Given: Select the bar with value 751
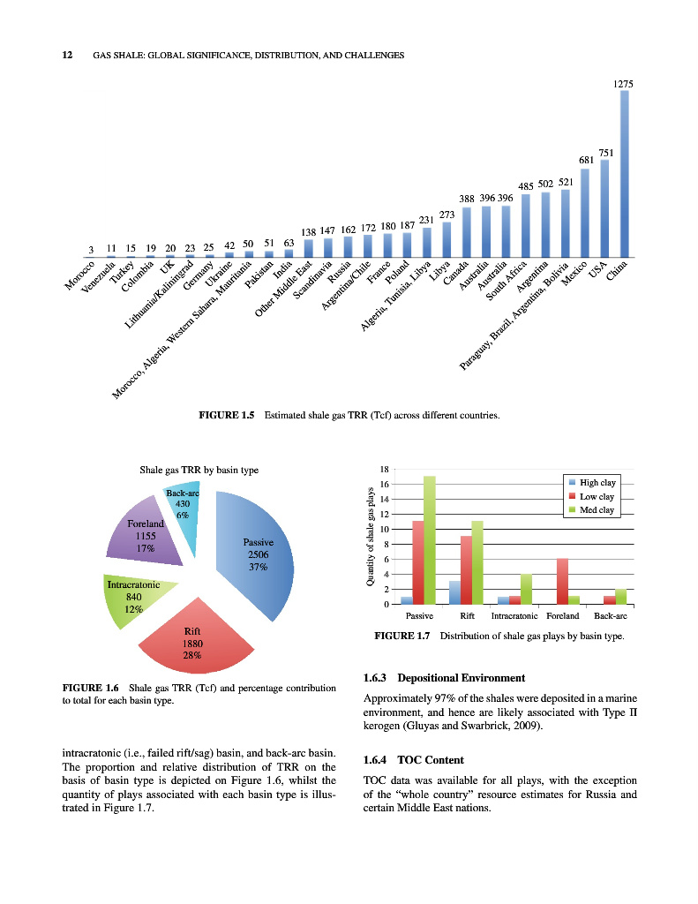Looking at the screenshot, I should pos(605,208).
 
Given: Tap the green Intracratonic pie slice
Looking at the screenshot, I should pos(132,600).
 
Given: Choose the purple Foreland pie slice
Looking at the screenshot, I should pos(146,534).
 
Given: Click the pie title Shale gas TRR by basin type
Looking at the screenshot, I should pos(199,471).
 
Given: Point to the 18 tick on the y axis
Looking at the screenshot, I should pos(384,469).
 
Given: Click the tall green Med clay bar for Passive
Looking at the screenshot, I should pos(430,540).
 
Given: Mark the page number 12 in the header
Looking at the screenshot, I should pos(66,55).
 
